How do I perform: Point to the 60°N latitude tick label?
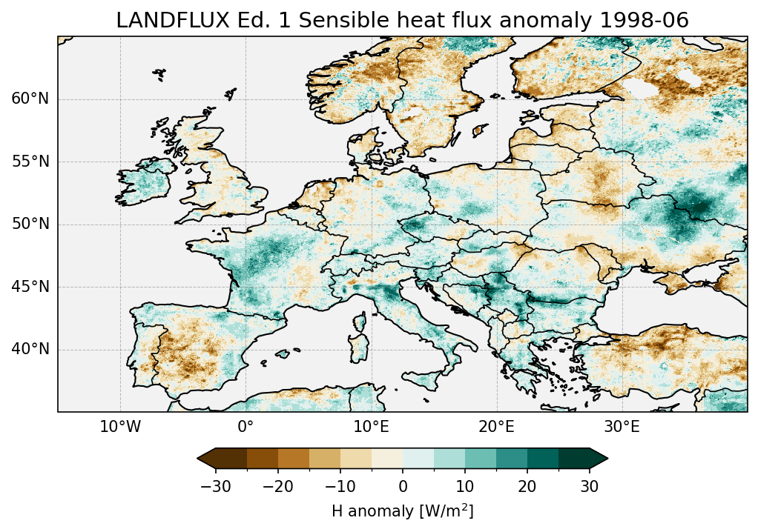pos(30,99)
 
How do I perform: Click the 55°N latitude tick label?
pos(30,162)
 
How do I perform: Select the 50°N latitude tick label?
pos(30,225)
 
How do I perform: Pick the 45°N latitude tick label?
pos(30,287)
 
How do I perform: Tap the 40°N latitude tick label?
pos(30,349)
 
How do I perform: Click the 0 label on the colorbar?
pos(403,486)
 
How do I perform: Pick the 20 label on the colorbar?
pos(527,486)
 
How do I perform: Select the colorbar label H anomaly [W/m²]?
pos(402,511)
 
